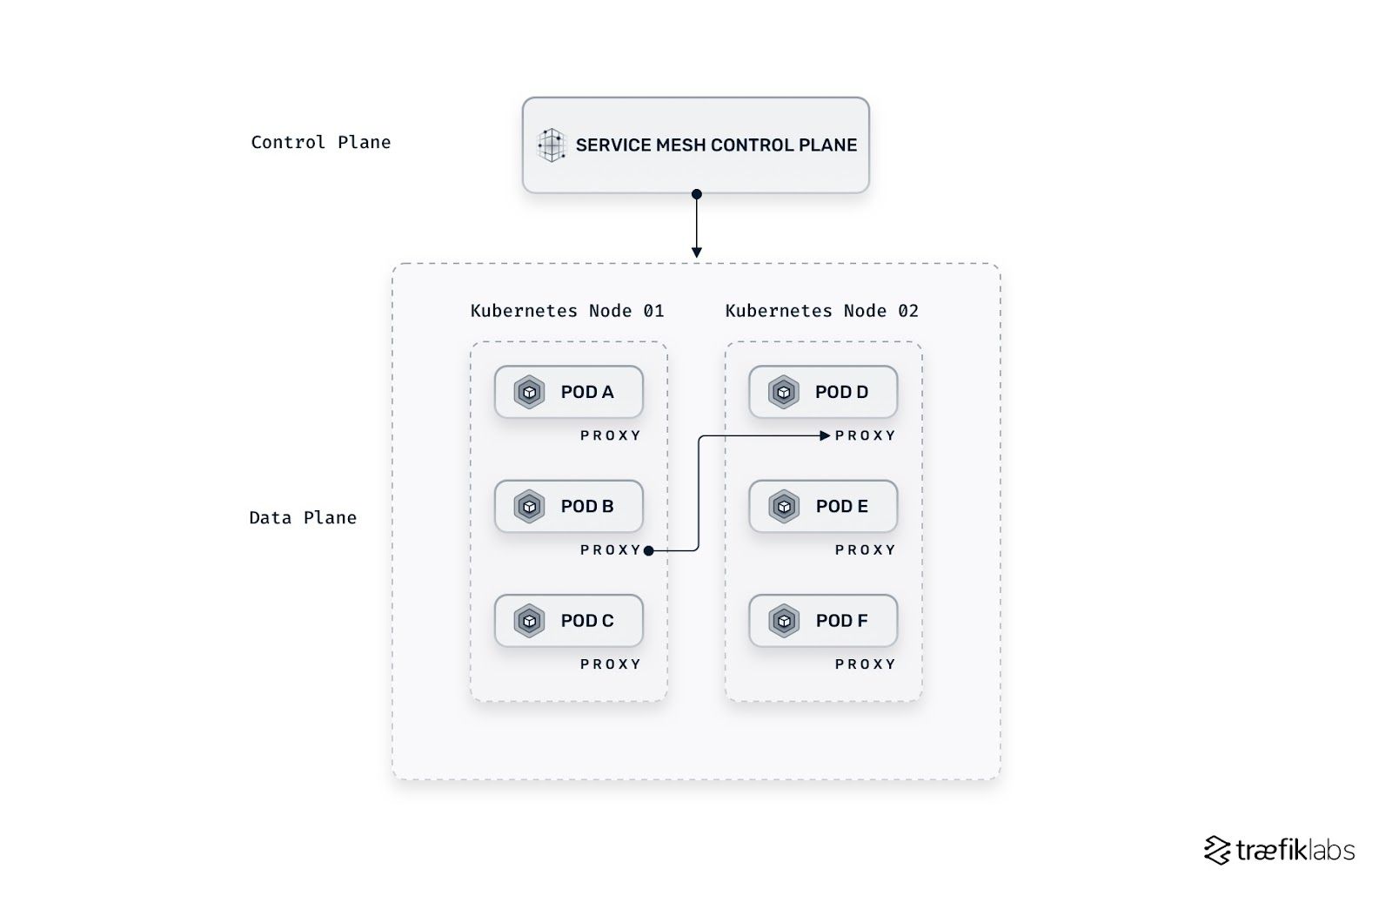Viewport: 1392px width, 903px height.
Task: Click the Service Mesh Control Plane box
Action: point(695,145)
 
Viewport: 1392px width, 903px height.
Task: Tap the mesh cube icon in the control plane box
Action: point(552,145)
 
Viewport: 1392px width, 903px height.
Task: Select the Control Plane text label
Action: point(320,142)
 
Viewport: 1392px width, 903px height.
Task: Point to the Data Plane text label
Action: point(303,517)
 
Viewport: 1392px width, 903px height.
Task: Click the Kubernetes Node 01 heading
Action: point(567,311)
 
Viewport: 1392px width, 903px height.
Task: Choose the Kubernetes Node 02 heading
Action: point(821,311)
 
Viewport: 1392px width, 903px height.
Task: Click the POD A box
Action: point(568,392)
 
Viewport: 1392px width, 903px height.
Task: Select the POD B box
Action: point(568,506)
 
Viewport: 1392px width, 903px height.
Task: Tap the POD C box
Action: point(568,621)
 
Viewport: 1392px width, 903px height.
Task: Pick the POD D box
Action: point(823,392)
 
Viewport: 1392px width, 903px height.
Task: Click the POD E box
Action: point(823,506)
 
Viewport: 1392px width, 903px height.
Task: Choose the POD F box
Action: point(823,621)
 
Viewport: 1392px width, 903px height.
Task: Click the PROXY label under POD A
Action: point(611,435)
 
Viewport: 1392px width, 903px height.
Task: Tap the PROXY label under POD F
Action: point(865,664)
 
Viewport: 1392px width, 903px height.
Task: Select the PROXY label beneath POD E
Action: point(865,550)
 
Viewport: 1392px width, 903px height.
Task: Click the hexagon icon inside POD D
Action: point(784,392)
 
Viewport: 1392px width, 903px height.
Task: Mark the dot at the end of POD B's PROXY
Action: point(649,550)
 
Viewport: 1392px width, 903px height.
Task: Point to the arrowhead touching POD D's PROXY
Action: point(825,435)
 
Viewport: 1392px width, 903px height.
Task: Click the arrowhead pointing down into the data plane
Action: point(696,253)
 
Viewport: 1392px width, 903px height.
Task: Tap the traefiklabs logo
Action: point(1279,850)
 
